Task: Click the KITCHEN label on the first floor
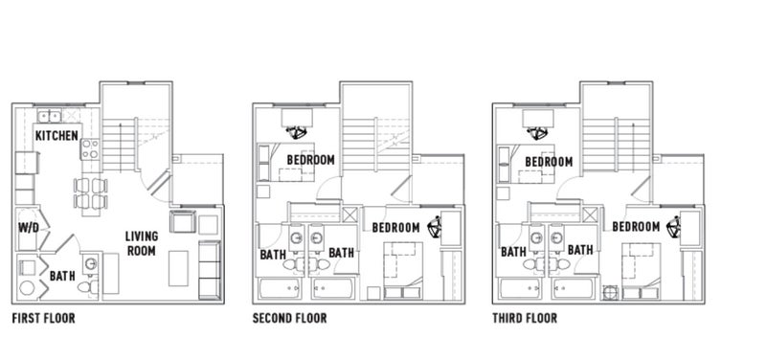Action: coord(56,135)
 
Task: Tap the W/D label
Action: coord(29,228)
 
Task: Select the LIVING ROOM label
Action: coord(142,244)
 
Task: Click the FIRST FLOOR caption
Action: coord(43,319)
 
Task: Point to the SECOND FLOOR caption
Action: coord(290,319)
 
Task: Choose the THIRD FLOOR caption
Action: coord(525,319)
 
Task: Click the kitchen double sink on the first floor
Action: coord(50,116)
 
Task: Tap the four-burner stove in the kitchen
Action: coord(90,149)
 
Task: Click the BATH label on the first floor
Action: coord(62,276)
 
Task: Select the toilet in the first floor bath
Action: coord(88,286)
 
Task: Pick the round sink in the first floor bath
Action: coord(91,264)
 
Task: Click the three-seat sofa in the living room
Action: coord(210,270)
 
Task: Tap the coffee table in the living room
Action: coord(178,268)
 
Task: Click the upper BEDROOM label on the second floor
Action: coord(310,160)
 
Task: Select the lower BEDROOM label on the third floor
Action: coord(636,227)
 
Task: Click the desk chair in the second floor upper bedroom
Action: coord(297,132)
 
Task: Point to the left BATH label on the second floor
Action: coord(273,255)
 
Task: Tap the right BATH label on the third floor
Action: coord(580,251)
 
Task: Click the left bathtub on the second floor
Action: coord(280,289)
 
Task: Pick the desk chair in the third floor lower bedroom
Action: coord(675,226)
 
